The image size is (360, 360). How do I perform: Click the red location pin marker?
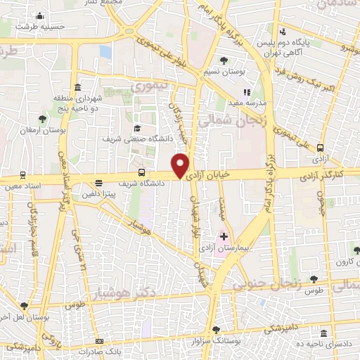[x=181, y=165]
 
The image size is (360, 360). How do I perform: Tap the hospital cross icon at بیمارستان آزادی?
[x=224, y=237]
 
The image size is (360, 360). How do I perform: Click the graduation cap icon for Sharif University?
[x=137, y=128]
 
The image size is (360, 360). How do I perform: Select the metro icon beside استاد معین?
[x=24, y=174]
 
